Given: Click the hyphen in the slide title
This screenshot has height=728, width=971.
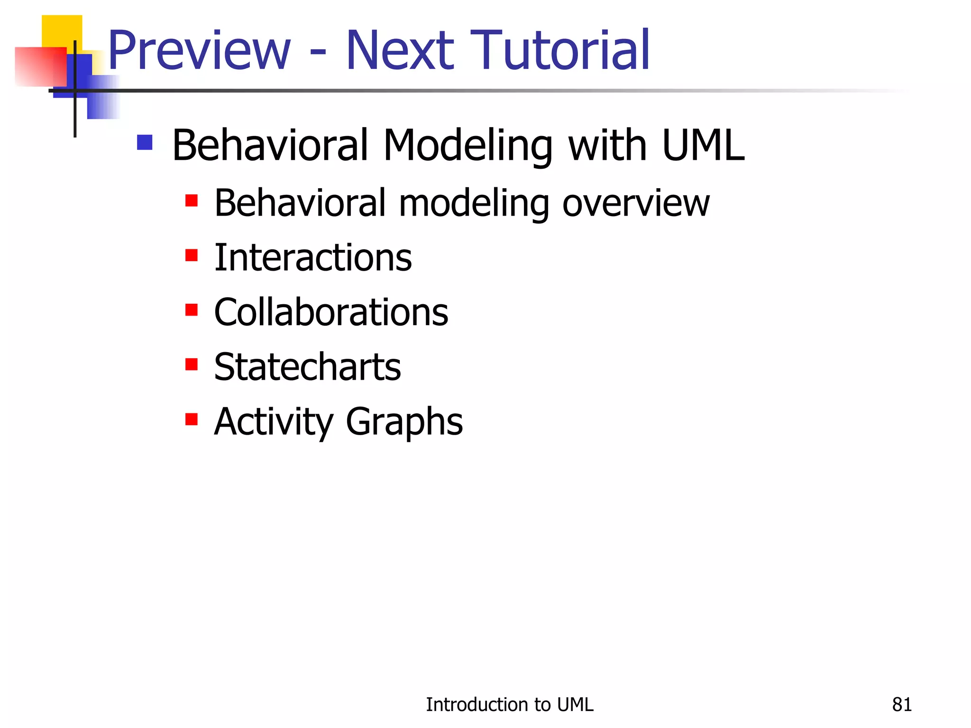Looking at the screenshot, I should coord(318,53).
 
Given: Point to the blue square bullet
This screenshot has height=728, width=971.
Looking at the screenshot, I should coord(145,142).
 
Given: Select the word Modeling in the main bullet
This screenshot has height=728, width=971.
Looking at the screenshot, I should coord(467,146).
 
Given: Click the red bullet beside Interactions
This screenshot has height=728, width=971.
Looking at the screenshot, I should coord(192,255).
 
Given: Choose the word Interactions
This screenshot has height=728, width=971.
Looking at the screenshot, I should coord(313,258).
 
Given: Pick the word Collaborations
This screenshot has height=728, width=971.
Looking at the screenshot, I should coord(331,312).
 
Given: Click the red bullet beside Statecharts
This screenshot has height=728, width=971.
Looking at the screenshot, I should coord(192,364).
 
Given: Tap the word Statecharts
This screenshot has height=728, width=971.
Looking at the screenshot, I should coord(307,367).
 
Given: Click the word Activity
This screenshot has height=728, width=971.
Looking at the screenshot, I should coord(274,422).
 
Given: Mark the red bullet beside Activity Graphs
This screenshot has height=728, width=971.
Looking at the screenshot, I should coord(192,419).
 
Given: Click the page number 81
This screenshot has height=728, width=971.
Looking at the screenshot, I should coord(902,705).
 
